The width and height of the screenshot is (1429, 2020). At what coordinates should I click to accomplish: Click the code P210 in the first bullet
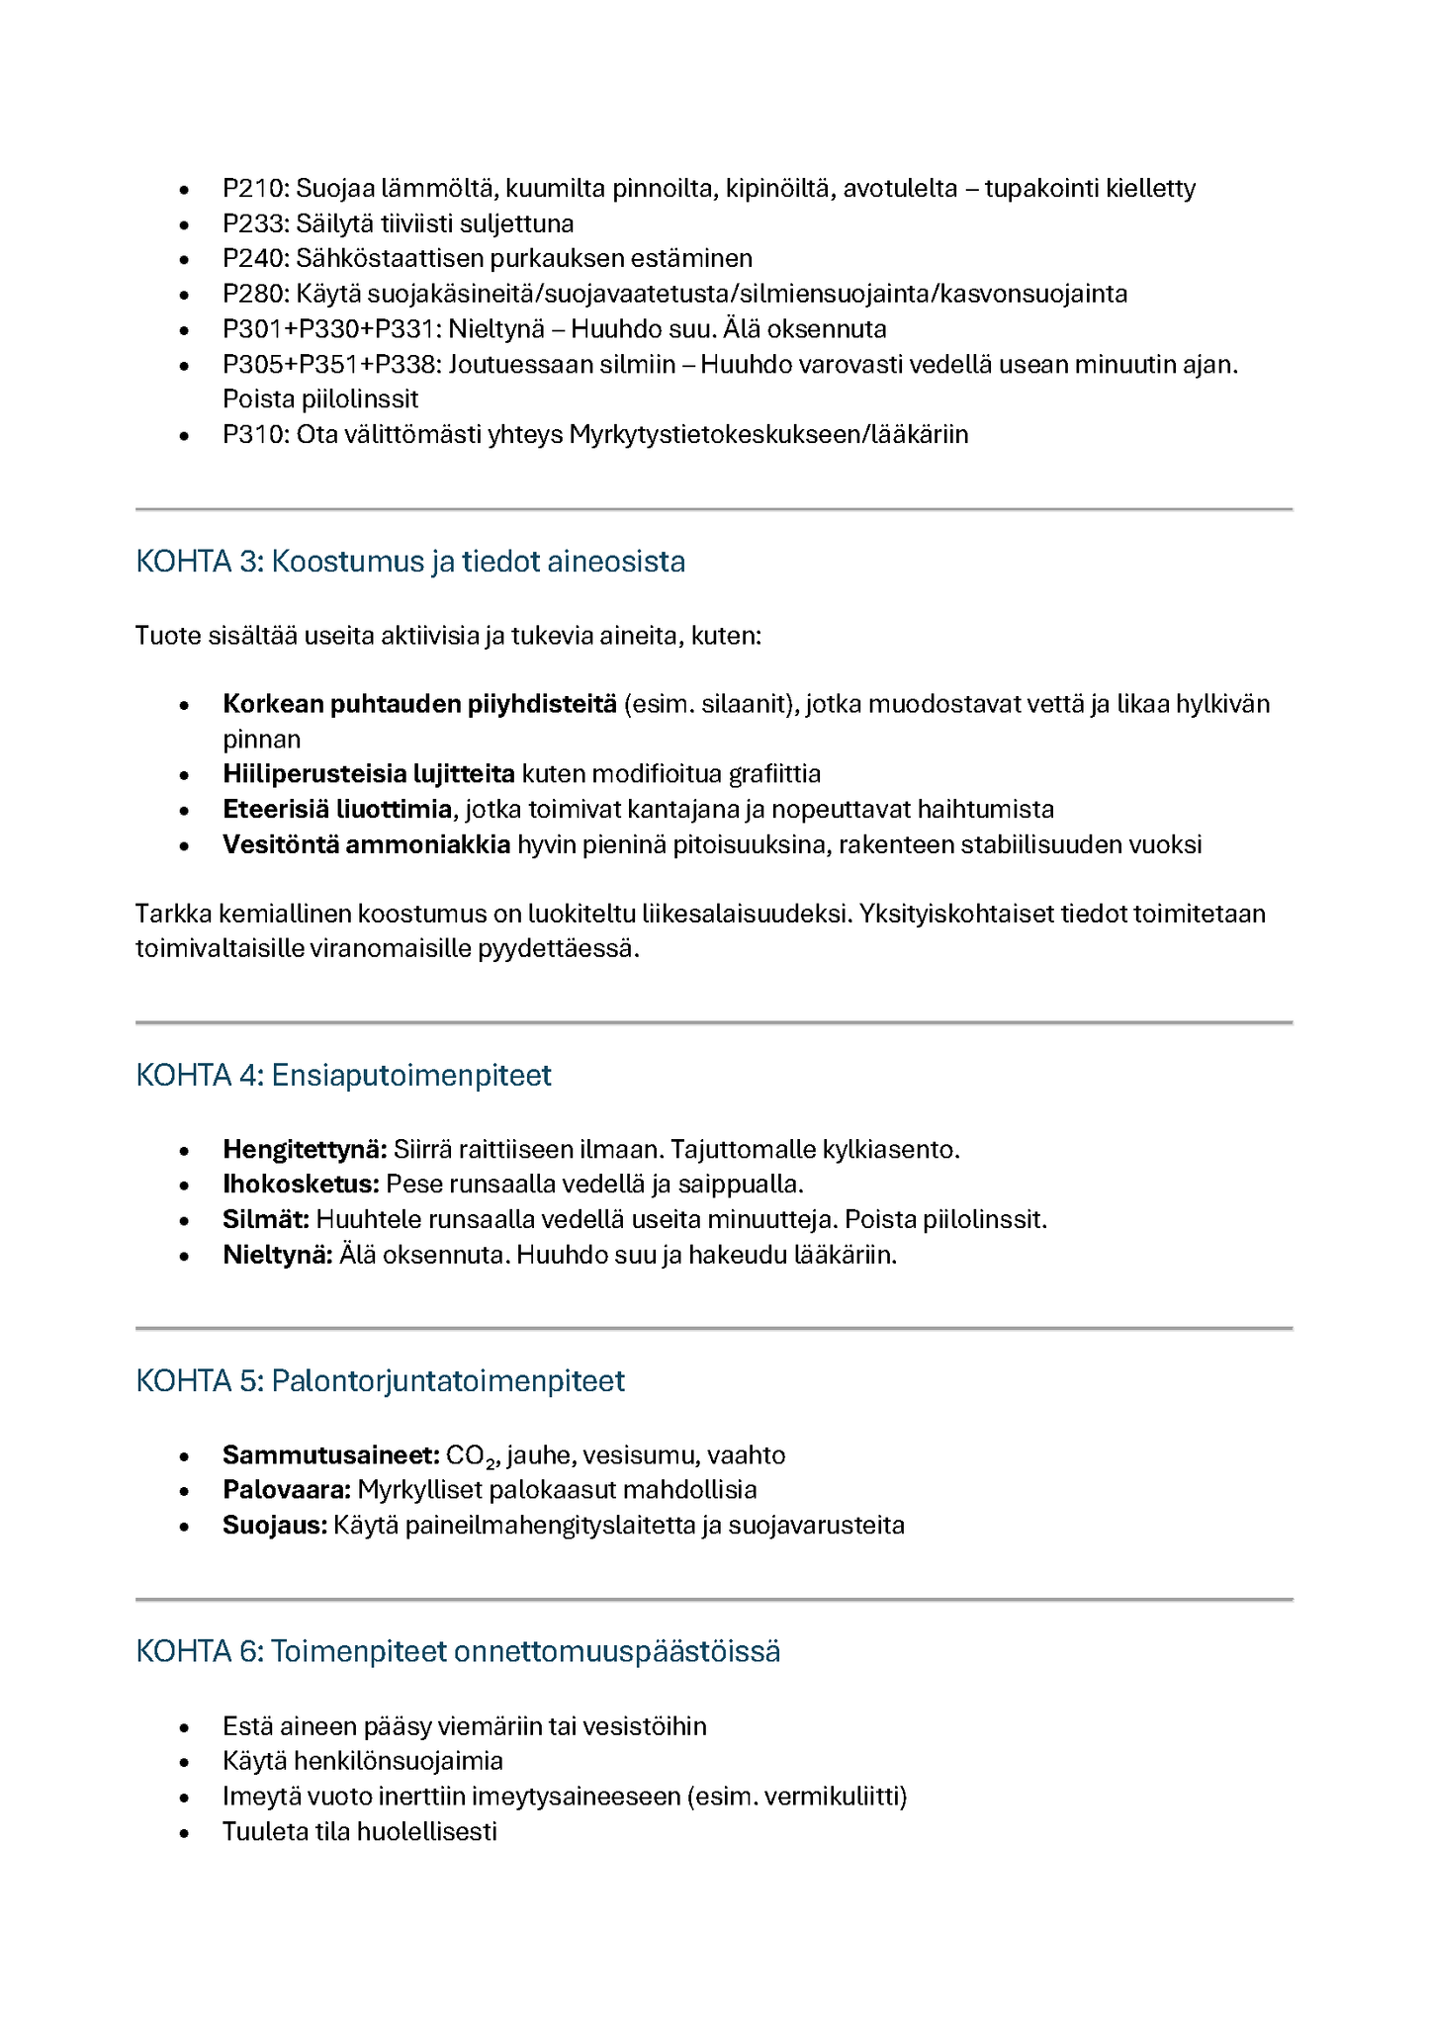253,188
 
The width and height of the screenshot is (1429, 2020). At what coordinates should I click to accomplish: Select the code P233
253,223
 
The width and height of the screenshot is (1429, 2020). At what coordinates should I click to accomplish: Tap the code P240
253,258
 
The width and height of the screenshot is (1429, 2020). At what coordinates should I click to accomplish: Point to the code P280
253,294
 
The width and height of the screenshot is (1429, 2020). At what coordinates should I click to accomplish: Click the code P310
253,434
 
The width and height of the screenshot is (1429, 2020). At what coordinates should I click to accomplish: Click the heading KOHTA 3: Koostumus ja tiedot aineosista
410,562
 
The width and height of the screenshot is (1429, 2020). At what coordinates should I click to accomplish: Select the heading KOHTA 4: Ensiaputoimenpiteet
343,1075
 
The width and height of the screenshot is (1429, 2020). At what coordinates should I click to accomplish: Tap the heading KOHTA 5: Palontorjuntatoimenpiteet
380,1380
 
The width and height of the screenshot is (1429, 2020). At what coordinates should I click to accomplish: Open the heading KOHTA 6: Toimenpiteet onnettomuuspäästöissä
458,1651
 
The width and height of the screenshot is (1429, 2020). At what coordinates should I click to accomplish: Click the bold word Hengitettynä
304,1149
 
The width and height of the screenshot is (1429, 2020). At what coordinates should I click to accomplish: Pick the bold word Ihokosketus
301,1184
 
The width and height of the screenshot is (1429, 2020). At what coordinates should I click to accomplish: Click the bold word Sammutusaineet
330,1455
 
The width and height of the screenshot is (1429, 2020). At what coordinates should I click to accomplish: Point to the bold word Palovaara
286,1489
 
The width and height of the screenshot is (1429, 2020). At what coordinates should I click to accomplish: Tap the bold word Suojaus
274,1525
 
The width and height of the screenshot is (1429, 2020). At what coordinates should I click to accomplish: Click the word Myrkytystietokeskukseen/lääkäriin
768,434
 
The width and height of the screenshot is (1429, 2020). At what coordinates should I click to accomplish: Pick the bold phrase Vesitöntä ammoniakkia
366,844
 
